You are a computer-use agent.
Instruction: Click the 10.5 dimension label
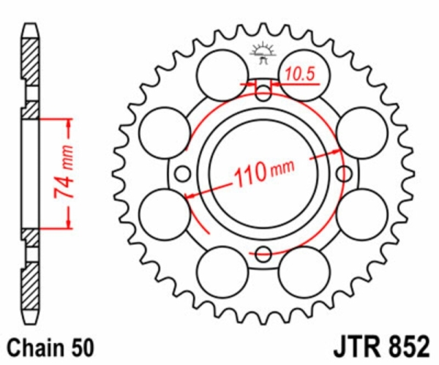[300, 75]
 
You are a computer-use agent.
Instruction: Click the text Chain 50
[50, 347]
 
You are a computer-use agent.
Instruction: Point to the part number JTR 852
[381, 347]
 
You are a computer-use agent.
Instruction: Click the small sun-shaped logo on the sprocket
[263, 53]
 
